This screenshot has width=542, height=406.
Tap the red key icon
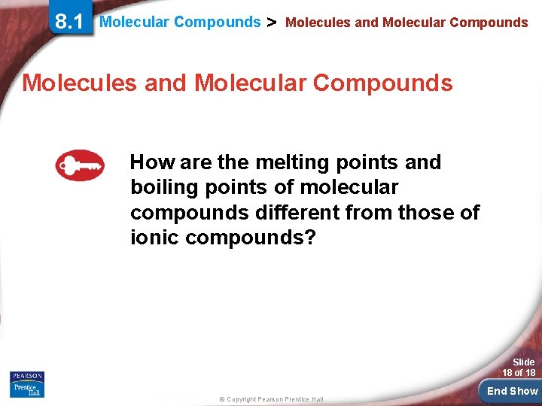pos(80,165)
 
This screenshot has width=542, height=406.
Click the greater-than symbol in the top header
pos(273,22)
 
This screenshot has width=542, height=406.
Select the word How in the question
pos(154,162)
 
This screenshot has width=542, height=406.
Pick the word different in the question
pos(296,213)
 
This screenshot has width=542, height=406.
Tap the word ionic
pos(155,238)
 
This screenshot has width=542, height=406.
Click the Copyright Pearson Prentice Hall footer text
pos(270,398)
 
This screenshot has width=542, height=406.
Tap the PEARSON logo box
pos(27,376)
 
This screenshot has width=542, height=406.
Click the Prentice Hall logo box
pos(27,389)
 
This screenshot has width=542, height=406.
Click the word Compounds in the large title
pos(382,83)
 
